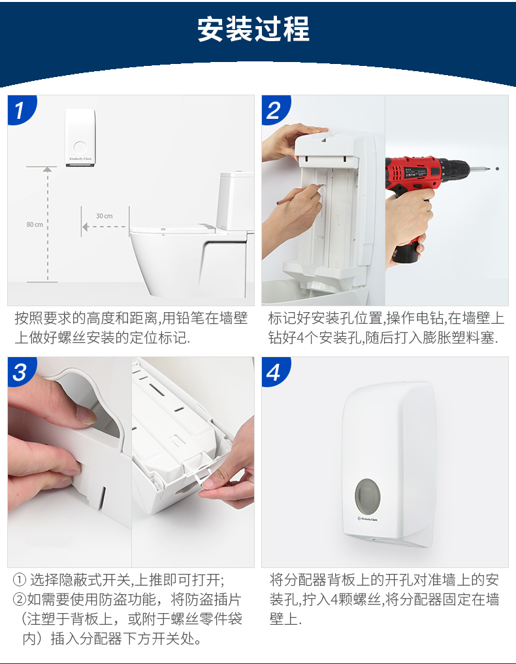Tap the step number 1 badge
point(20,110)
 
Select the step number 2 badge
point(274,110)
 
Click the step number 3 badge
point(20,372)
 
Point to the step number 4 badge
point(274,372)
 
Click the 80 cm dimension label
point(35,225)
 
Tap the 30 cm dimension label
point(104,216)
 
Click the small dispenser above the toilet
point(80,138)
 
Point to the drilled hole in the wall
point(497,168)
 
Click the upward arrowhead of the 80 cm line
point(47,170)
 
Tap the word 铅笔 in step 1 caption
point(189,319)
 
